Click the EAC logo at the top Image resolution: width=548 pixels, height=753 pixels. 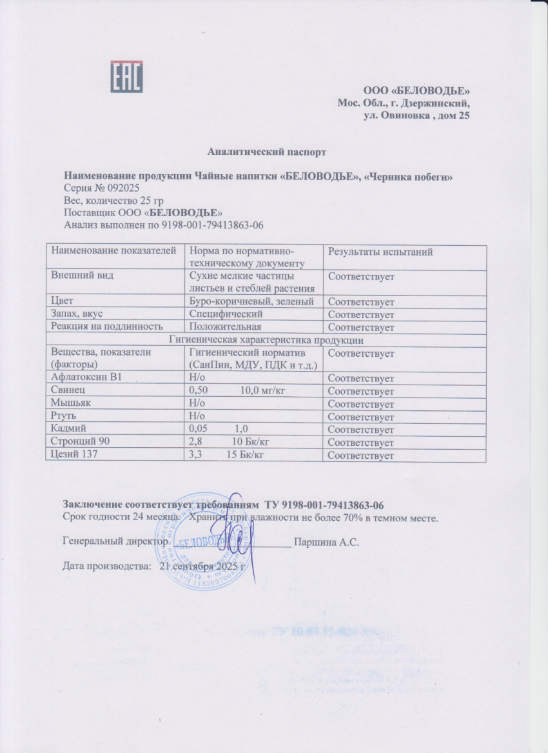click(126, 77)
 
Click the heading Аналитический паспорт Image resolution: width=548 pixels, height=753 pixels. click(267, 152)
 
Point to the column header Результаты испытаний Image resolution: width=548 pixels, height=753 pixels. click(380, 252)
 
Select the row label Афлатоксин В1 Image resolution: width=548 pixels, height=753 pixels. click(83, 378)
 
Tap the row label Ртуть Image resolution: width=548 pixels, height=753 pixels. click(64, 417)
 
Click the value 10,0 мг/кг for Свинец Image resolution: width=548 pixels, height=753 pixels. click(263, 391)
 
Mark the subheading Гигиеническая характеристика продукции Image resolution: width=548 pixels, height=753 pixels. click(266, 340)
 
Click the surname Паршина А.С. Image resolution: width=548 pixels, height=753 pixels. click(326, 542)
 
